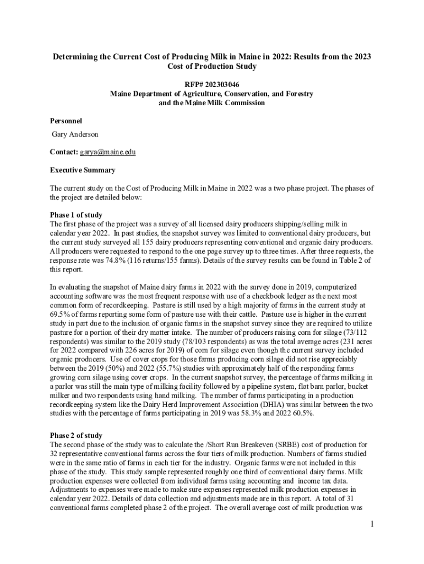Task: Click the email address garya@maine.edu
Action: click(x=108, y=151)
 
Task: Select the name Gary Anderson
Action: click(x=75, y=134)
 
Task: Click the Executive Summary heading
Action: click(x=82, y=170)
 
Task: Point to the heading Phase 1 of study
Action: click(x=76, y=214)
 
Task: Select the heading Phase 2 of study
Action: click(x=76, y=436)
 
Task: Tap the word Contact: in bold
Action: click(x=64, y=151)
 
